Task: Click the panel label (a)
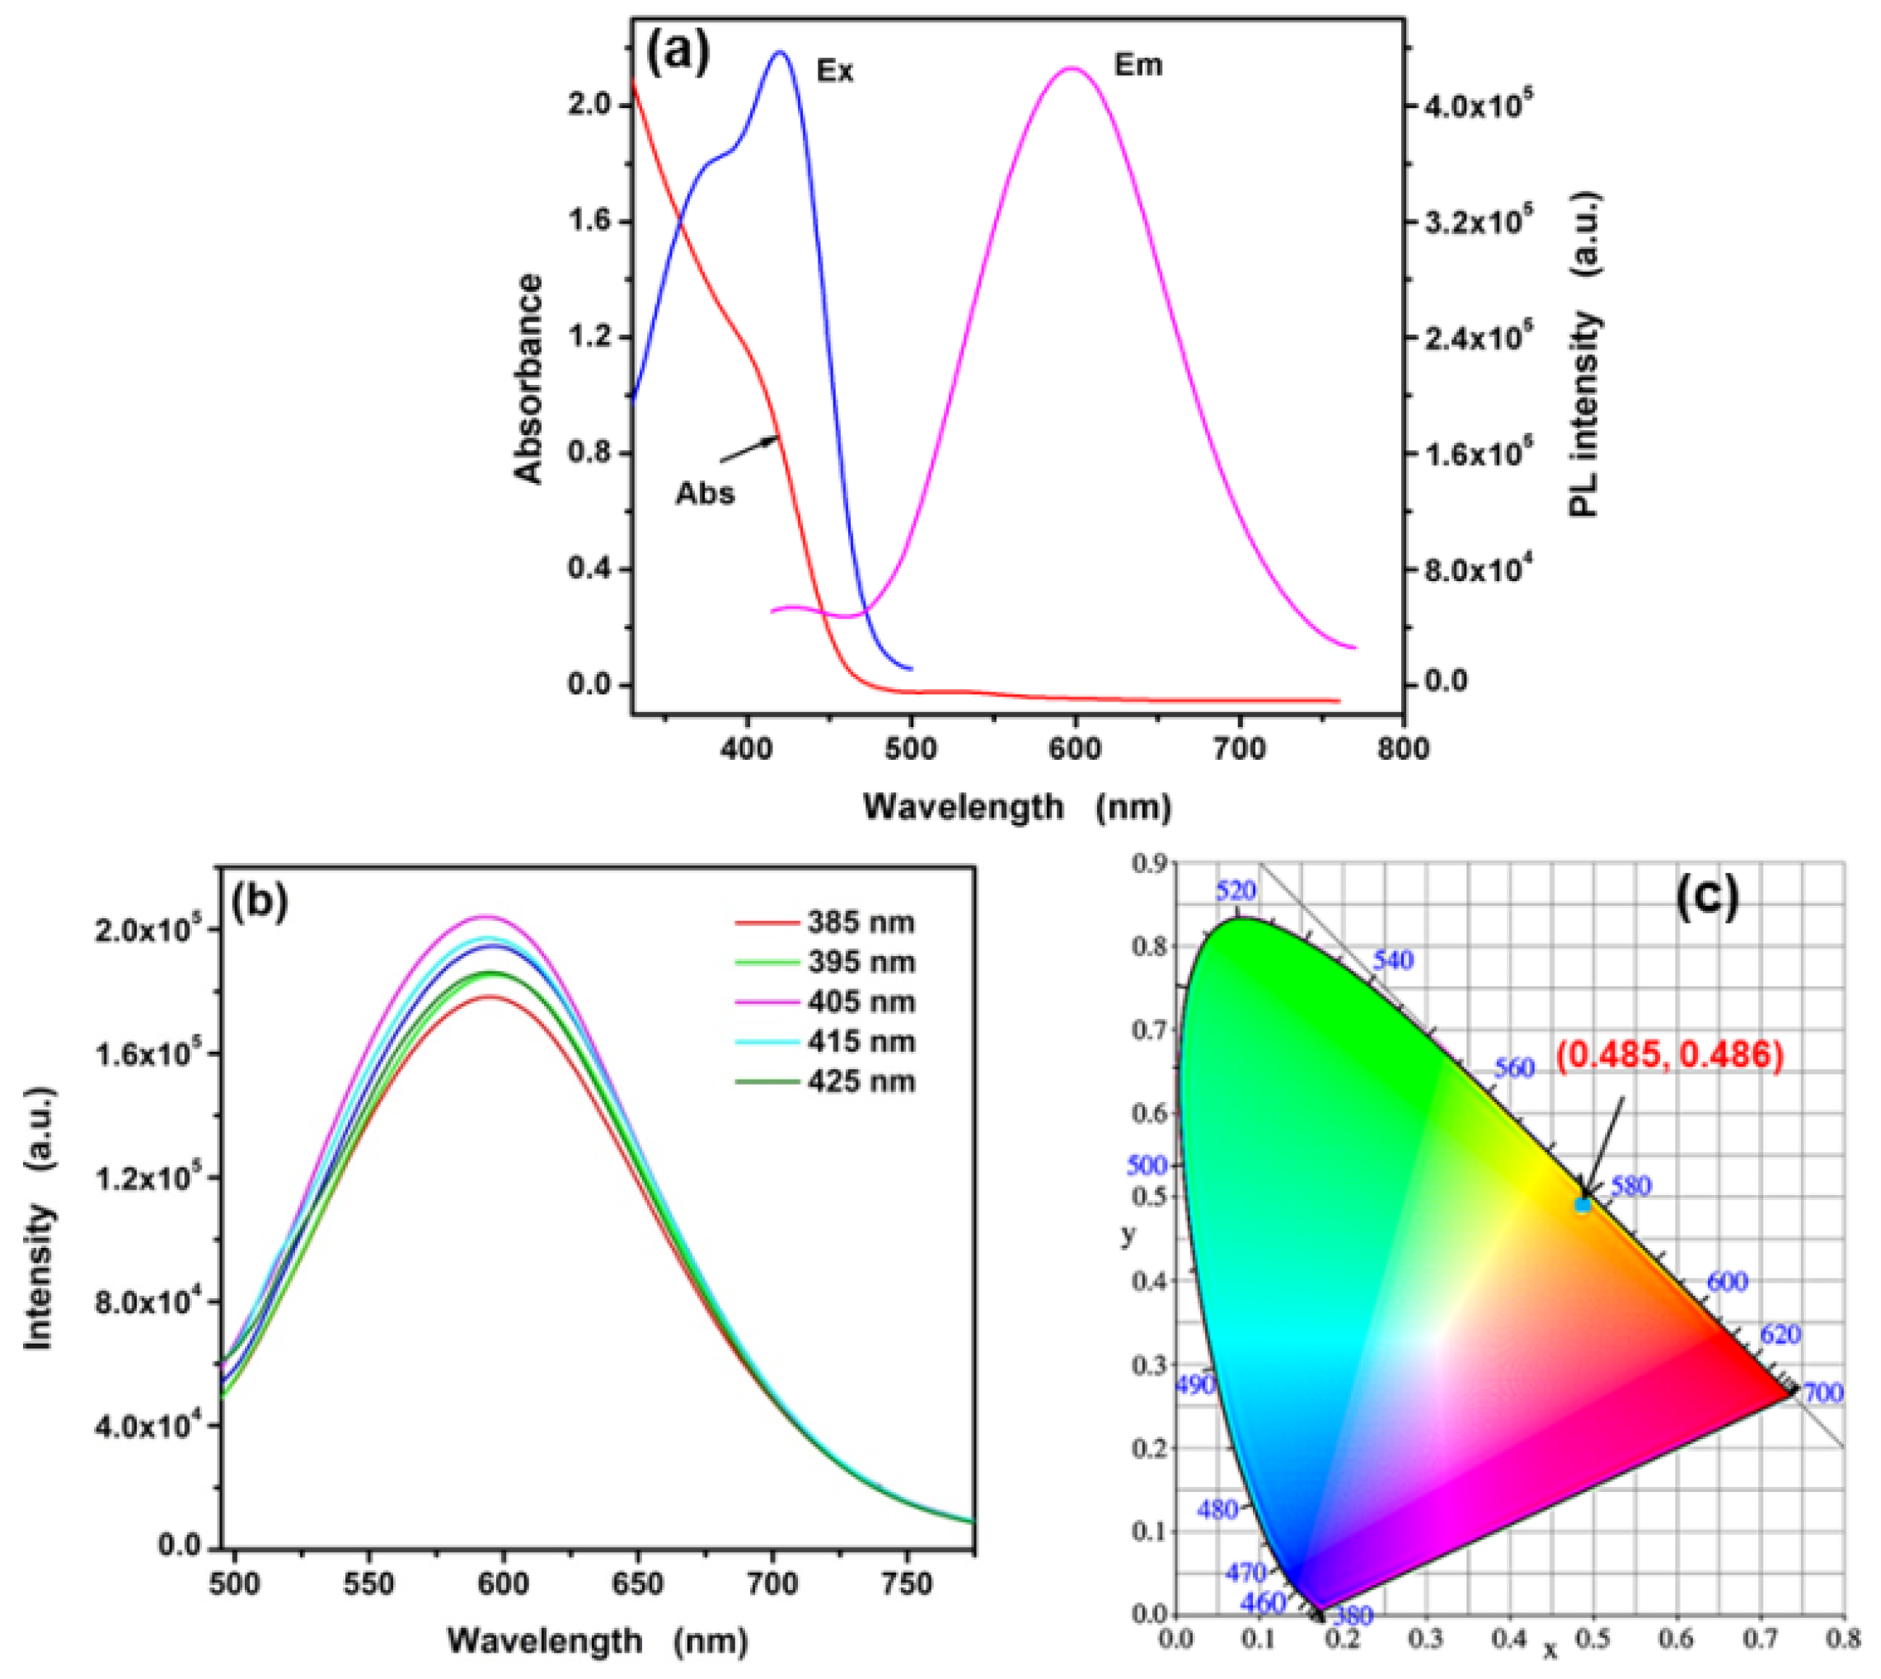coord(678,54)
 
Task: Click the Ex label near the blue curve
coord(835,71)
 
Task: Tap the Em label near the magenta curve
coord(1138,65)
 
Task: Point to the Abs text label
coord(705,494)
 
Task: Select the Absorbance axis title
coord(528,379)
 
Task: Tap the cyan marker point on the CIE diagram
coord(1582,1205)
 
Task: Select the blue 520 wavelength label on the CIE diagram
coord(1236,891)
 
